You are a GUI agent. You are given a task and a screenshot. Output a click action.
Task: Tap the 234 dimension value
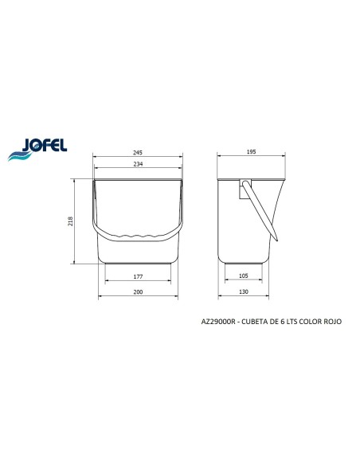(139, 165)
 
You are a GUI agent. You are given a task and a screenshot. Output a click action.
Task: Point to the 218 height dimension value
(71, 221)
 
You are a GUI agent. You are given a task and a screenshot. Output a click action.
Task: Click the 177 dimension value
(139, 276)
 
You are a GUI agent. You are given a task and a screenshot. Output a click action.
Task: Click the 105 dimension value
(244, 276)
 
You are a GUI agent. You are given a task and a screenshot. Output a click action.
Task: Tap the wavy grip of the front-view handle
(139, 236)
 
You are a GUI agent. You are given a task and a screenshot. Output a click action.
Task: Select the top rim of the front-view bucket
(139, 179)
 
